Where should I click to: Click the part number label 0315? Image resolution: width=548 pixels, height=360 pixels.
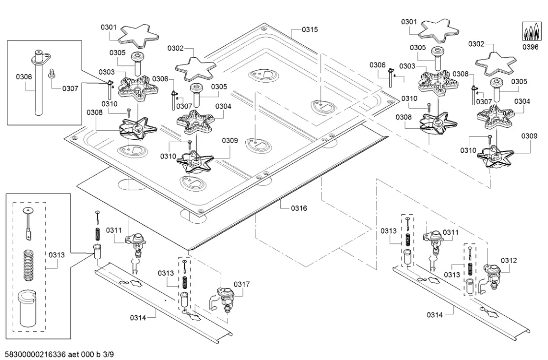point(310,30)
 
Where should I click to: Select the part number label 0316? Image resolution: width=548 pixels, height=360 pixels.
point(299,208)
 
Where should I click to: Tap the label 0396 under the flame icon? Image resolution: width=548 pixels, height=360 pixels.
point(530,47)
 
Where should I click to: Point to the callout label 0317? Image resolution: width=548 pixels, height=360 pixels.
point(241,284)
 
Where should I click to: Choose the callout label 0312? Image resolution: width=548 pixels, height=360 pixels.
point(509,260)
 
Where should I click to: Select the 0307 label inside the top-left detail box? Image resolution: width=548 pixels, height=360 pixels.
point(70,89)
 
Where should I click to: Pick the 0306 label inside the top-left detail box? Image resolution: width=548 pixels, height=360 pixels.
point(24,76)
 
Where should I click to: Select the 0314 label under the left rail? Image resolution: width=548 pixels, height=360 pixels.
point(138,318)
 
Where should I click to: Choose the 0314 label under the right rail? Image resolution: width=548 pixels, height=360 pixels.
point(434,314)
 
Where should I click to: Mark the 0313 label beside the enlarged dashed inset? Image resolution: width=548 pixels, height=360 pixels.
point(57,255)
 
